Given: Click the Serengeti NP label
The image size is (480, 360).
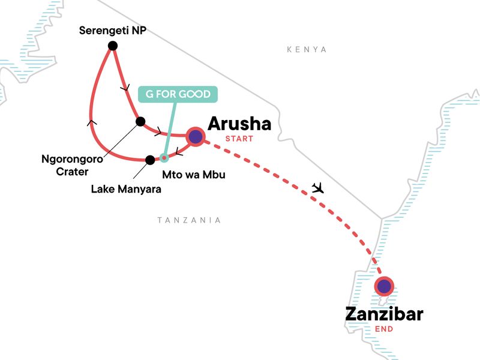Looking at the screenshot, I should click(x=113, y=29).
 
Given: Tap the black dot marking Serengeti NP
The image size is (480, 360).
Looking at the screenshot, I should click(x=112, y=46).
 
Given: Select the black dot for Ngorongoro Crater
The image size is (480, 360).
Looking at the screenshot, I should click(x=140, y=122).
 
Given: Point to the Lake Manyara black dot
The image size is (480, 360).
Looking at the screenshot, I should click(x=149, y=160).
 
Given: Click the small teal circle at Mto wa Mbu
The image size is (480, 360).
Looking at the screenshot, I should click(x=164, y=159).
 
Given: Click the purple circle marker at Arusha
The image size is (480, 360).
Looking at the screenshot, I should click(x=195, y=137).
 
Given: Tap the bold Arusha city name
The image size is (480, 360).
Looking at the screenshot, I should click(x=239, y=124).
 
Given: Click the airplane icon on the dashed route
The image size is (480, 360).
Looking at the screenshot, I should click(x=319, y=188).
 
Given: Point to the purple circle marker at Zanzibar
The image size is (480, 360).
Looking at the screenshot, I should click(x=383, y=287).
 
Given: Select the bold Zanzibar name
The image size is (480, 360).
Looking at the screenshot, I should click(x=384, y=314).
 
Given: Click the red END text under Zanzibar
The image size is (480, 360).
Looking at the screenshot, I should click(x=384, y=329).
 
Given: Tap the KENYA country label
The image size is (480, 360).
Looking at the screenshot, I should click(x=307, y=50).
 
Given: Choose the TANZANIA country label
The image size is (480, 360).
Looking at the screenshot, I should click(x=189, y=220).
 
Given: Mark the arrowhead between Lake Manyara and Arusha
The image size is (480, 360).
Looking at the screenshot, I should click(x=179, y=152).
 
